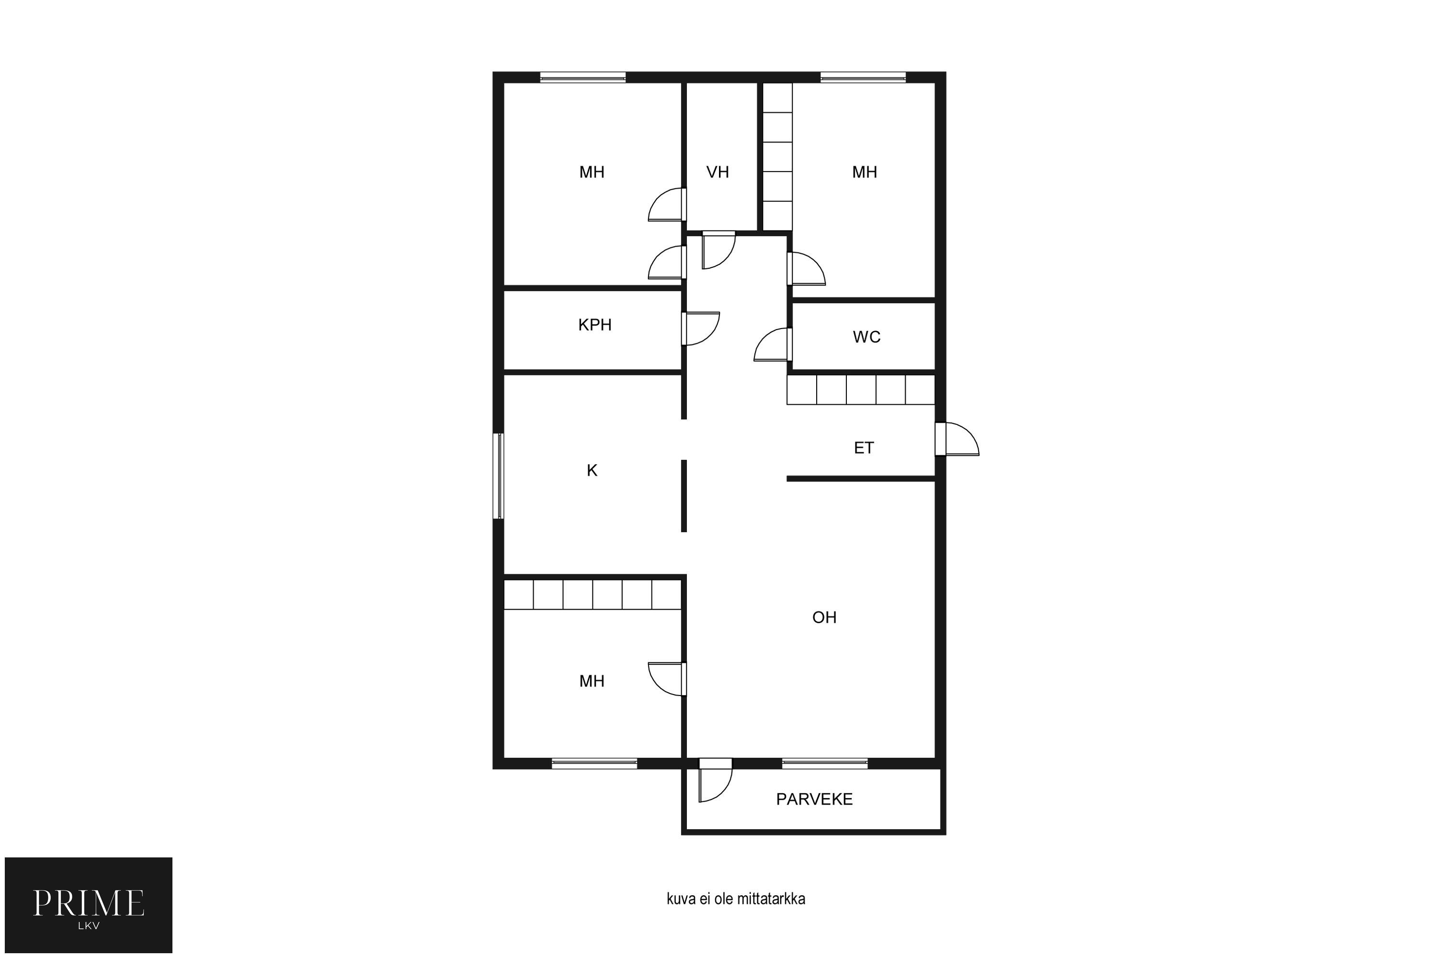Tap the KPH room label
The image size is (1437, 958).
coord(594,325)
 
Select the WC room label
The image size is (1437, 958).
coord(867,337)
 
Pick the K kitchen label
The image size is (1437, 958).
coord(592,470)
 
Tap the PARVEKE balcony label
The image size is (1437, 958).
coord(814,799)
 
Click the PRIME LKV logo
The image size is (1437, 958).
coord(89,905)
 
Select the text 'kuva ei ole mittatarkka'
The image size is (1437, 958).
coord(736,899)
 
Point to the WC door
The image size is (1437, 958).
coord(773,344)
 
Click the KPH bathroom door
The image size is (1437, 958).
coord(701,329)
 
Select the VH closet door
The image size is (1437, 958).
coord(718,250)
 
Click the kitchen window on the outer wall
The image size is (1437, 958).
coord(499,476)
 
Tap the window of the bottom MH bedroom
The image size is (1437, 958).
coord(594,763)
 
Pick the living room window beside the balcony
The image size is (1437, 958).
coord(825,763)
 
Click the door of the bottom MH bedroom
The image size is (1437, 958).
coord(667,679)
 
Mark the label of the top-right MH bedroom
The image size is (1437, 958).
coord(865,172)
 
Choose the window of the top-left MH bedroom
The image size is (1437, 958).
coord(583,78)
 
